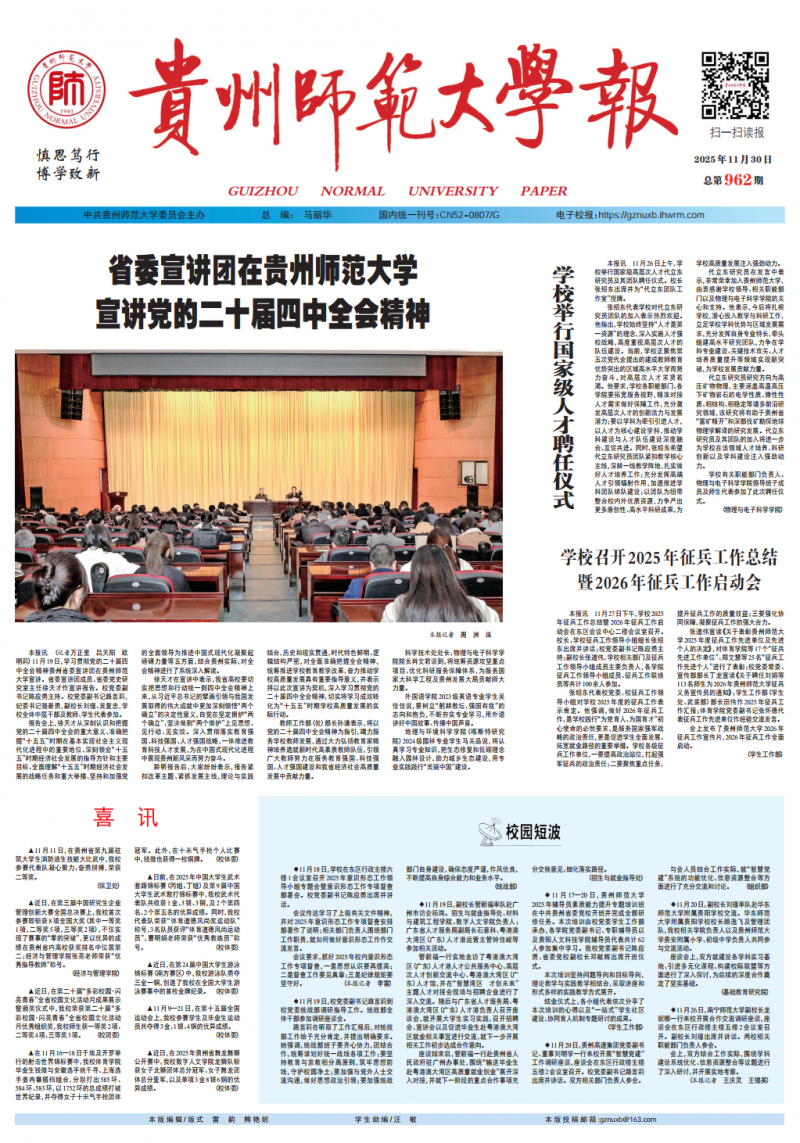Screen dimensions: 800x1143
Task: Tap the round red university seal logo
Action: coord(65,84)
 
